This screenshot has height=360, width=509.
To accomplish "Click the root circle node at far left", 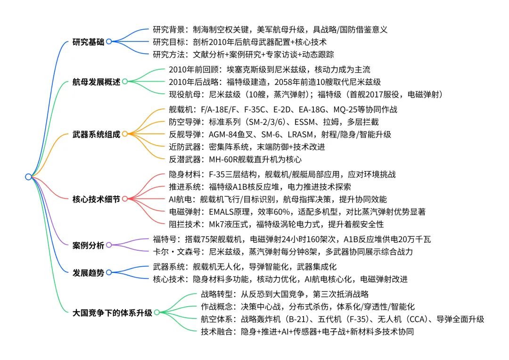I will coord(28,177).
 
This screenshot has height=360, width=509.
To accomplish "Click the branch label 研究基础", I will coord(89,41).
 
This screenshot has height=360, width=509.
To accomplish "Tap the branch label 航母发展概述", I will coord(96,82).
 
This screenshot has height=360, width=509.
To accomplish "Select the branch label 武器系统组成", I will coord(96,134).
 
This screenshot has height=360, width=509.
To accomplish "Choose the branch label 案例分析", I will coord(89,245).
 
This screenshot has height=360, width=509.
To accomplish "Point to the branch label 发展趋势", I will coord(89,272).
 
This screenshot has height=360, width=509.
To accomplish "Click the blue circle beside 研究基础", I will coord(109,41).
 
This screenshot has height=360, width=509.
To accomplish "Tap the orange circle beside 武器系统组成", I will coord(124,134).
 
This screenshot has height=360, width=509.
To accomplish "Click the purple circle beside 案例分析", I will coord(109,245).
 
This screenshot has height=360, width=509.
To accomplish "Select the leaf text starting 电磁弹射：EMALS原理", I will coord(297,212).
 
